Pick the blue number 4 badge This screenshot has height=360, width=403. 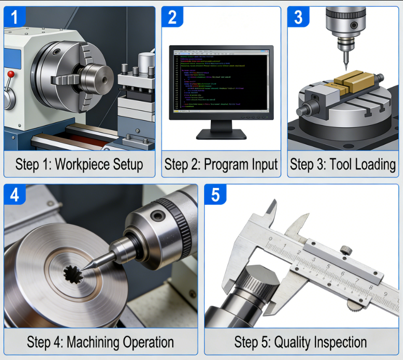[15, 195]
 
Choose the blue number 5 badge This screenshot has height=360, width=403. [215, 195]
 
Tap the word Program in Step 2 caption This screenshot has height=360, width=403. [224, 164]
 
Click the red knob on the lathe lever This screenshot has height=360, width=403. [10, 74]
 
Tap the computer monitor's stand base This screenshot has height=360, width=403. [221, 133]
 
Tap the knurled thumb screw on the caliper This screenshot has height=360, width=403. [345, 250]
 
